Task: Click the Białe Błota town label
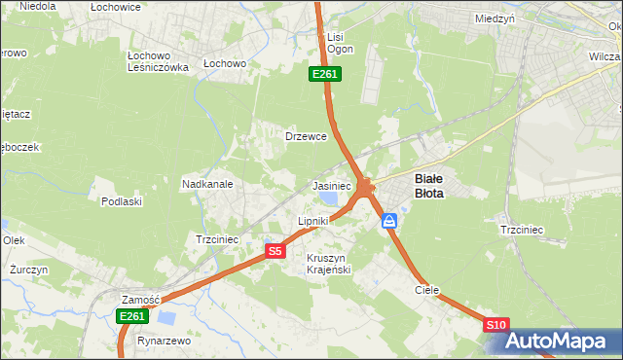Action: point(429,186)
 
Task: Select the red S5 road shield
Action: point(275,251)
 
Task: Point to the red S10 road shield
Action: point(495,325)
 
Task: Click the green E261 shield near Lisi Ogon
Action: point(324,74)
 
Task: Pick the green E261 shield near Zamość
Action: point(131,316)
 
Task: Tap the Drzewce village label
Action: point(305,136)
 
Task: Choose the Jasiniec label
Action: point(331,186)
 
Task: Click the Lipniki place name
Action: point(313,222)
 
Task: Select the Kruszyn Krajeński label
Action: point(328,264)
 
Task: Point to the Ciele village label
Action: point(427,290)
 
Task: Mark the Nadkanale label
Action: point(207,183)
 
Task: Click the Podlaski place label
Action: point(123,201)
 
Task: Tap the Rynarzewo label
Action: point(164,342)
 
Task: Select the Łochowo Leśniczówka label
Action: point(158,61)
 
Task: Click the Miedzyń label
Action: point(495,18)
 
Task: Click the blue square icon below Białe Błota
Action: point(390,221)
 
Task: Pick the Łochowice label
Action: point(116,7)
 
